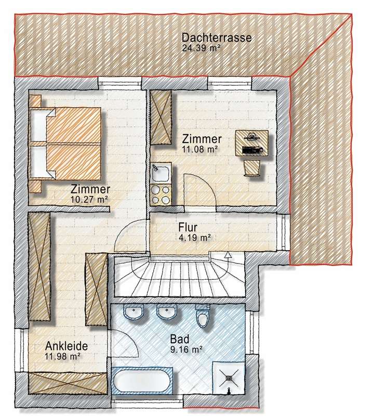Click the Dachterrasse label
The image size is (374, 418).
coord(217,37)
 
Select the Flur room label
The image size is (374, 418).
coord(190,228)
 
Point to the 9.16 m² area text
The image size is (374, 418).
coord(186,349)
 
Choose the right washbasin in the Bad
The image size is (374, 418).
coord(167,313)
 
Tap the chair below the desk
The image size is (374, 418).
coord(253,167)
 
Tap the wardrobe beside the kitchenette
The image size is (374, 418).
coord(162,118)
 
